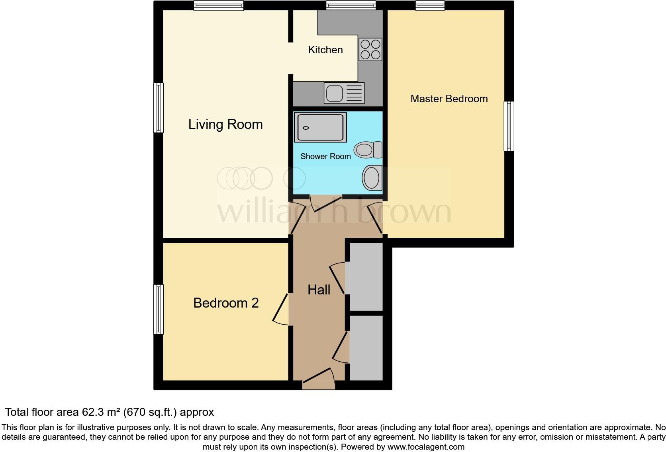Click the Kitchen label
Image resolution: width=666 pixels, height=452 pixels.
pyautogui.click(x=325, y=50)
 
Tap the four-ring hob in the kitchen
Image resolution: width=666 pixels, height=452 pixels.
pyautogui.click(x=370, y=49)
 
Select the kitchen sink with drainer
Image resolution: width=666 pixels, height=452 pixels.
pyautogui.click(x=344, y=93)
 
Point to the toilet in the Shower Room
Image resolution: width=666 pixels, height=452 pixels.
pyautogui.click(x=368, y=150)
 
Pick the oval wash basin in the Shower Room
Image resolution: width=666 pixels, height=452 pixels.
pyautogui.click(x=372, y=177)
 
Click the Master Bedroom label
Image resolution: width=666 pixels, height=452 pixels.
pyautogui.click(x=449, y=99)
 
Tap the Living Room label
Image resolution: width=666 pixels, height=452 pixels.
pyautogui.click(x=225, y=125)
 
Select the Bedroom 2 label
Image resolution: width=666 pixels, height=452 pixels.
pyautogui.click(x=226, y=303)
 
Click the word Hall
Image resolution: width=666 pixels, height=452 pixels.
pyautogui.click(x=319, y=290)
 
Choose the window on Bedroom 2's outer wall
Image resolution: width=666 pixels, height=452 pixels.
pyautogui.click(x=159, y=309)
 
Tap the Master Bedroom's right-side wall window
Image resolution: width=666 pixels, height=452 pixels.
pyautogui.click(x=509, y=126)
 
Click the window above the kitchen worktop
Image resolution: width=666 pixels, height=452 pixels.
pyautogui.click(x=351, y=5)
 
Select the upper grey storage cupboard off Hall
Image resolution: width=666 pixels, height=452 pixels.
pyautogui.click(x=366, y=277)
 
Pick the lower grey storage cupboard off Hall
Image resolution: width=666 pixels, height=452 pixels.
pyautogui.click(x=366, y=348)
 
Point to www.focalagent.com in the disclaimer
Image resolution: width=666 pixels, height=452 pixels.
pyautogui.click(x=426, y=447)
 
